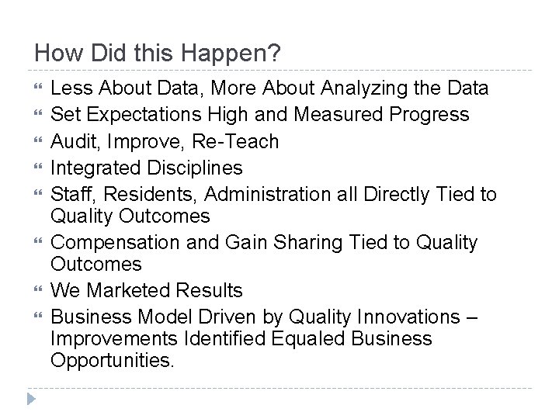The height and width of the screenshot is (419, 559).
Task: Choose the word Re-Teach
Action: pyautogui.click(x=238, y=142)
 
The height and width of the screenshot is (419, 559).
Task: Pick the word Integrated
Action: pyautogui.click(x=95, y=168)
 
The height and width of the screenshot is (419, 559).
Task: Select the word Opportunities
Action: pyautogui.click(x=112, y=361)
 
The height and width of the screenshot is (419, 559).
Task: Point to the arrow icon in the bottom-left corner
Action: pyautogui.click(x=29, y=398)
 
